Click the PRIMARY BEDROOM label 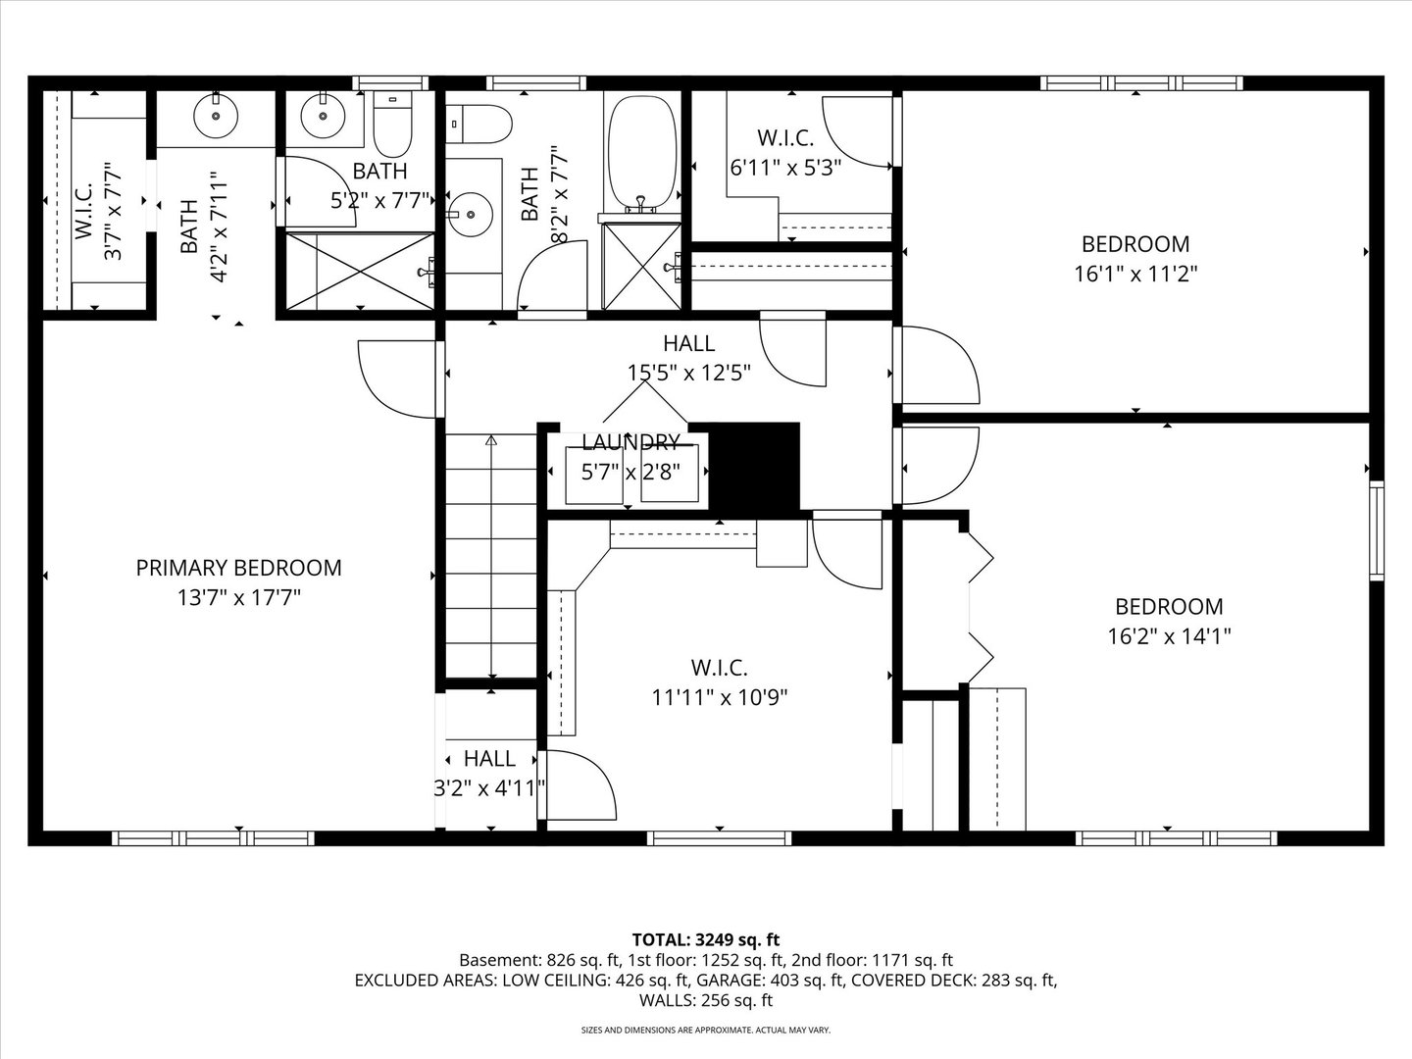[x=238, y=568]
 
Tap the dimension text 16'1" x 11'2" [x=1135, y=274]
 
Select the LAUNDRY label [x=630, y=441]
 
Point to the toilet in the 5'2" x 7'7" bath [x=396, y=126]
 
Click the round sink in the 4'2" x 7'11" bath [x=216, y=118]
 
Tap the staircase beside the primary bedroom [x=490, y=559]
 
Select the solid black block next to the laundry [x=753, y=467]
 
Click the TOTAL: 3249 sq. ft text [x=706, y=940]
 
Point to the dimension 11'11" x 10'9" [x=720, y=698]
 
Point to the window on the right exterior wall [x=1377, y=529]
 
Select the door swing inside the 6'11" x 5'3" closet [x=855, y=132]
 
